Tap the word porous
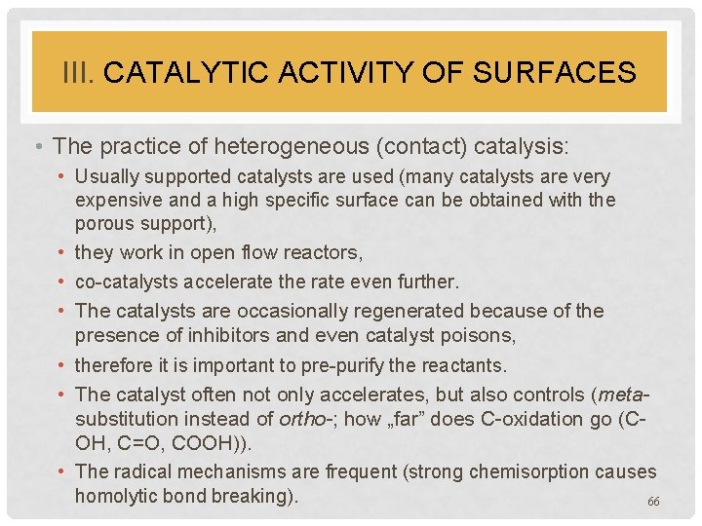coord(104,224)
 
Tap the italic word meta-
coord(627,394)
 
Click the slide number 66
coord(653,501)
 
